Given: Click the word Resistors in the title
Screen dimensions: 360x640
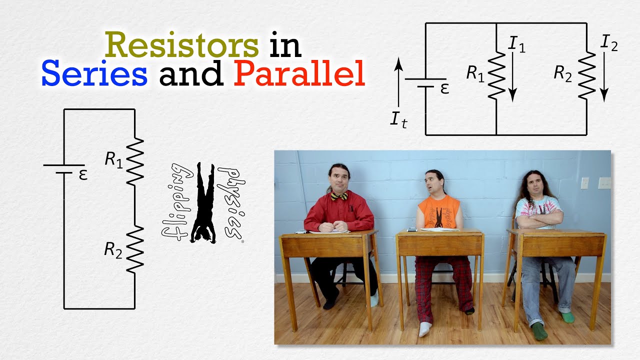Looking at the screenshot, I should point(182,44).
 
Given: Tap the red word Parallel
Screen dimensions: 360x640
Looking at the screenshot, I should point(299,74).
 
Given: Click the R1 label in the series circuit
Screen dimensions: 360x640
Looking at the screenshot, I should point(113,159).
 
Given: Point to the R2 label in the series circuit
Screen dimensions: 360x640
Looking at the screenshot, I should point(113,249).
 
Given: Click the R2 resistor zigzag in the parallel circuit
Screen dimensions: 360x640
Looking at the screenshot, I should point(586,75).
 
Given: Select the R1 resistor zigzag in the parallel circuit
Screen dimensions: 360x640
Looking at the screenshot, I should point(496,75).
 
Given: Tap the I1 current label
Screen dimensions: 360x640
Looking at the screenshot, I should point(516,44).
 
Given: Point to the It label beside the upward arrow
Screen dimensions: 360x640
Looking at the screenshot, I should point(398,120).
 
